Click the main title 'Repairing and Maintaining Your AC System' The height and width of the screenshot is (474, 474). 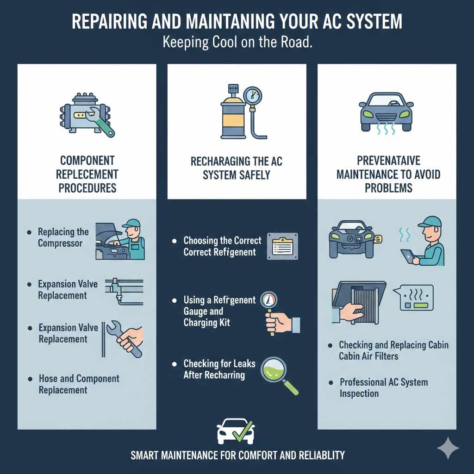coord(237,22)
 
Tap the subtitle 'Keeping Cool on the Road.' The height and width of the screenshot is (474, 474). coord(237,42)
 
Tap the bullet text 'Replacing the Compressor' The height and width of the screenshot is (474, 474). coord(63,237)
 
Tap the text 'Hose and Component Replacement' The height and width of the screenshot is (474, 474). coord(79,384)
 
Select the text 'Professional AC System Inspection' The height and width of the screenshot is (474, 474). coord(383,388)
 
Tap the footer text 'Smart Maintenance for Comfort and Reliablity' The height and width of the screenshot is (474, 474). coord(237,455)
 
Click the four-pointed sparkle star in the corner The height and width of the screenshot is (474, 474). coord(448,449)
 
